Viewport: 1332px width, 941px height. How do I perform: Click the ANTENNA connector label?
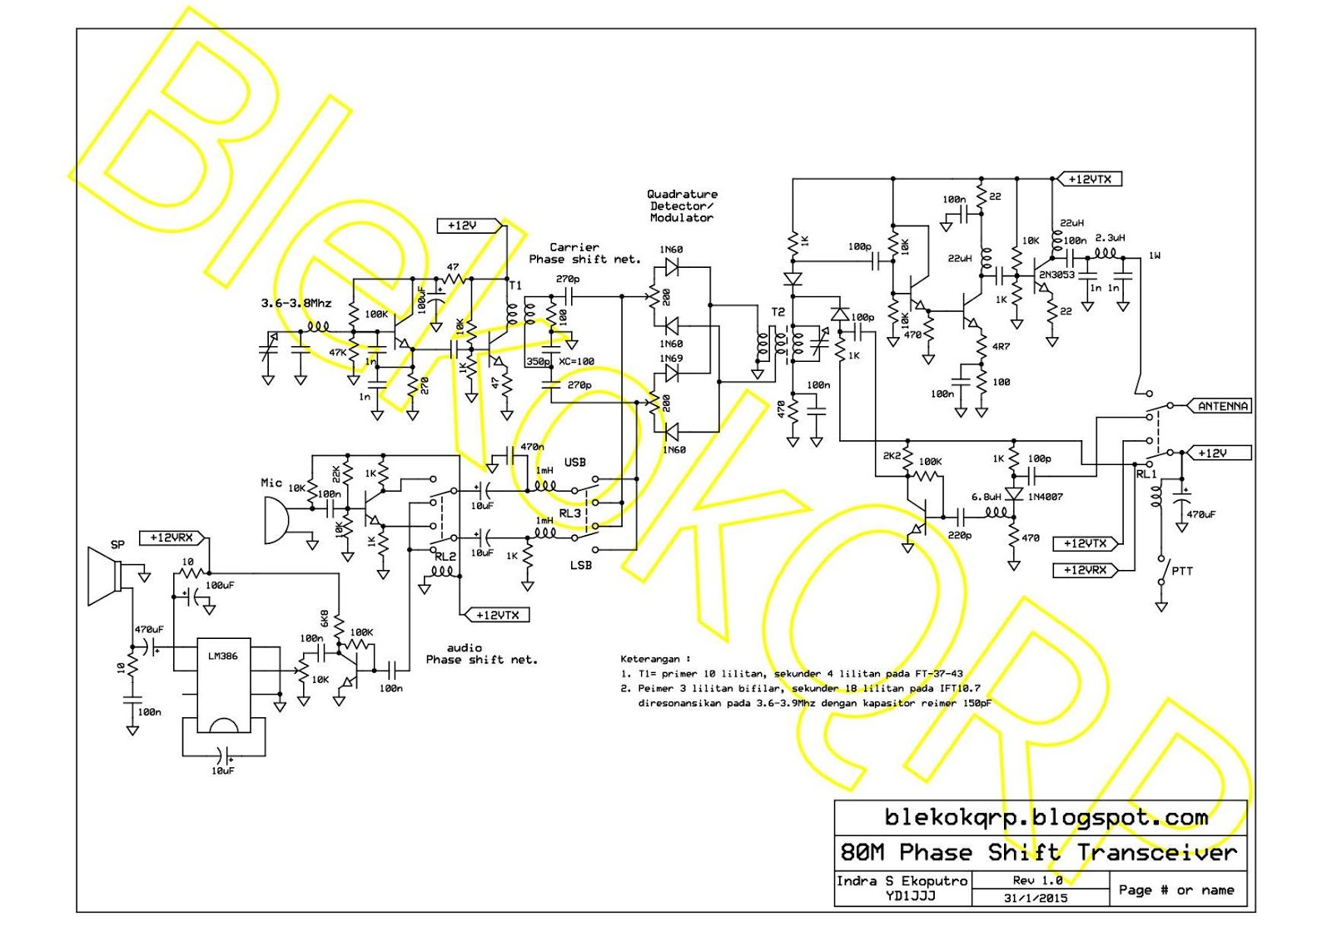pyautogui.click(x=1222, y=406)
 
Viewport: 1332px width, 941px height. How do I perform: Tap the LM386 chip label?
pyautogui.click(x=222, y=656)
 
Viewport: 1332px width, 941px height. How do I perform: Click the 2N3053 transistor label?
pyautogui.click(x=1056, y=275)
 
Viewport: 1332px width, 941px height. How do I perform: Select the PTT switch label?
pyautogui.click(x=1181, y=571)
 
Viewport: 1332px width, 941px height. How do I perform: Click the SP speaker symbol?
pyautogui.click(x=106, y=576)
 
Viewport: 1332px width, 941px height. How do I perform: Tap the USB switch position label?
pyautogui.click(x=574, y=462)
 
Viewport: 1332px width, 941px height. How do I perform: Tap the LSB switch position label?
pyautogui.click(x=580, y=565)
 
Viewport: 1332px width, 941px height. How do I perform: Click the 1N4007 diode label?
pyautogui.click(x=1045, y=497)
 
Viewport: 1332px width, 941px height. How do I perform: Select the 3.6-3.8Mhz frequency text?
pyautogui.click(x=296, y=303)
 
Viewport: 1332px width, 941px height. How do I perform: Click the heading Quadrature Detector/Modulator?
pyautogui.click(x=682, y=206)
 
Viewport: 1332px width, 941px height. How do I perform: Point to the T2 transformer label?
pyautogui.click(x=778, y=312)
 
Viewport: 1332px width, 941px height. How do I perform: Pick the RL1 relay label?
pyautogui.click(x=1146, y=473)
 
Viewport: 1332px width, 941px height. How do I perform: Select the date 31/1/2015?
pyautogui.click(x=1035, y=898)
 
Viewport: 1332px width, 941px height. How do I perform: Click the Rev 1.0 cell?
pyautogui.click(x=1037, y=879)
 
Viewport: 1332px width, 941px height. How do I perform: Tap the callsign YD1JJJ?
pyautogui.click(x=910, y=895)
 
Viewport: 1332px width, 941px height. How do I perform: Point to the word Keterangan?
pyautogui.click(x=649, y=658)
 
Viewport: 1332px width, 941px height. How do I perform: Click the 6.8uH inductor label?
pyautogui.click(x=986, y=497)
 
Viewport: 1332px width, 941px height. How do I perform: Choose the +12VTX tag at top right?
pyautogui.click(x=1089, y=179)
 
